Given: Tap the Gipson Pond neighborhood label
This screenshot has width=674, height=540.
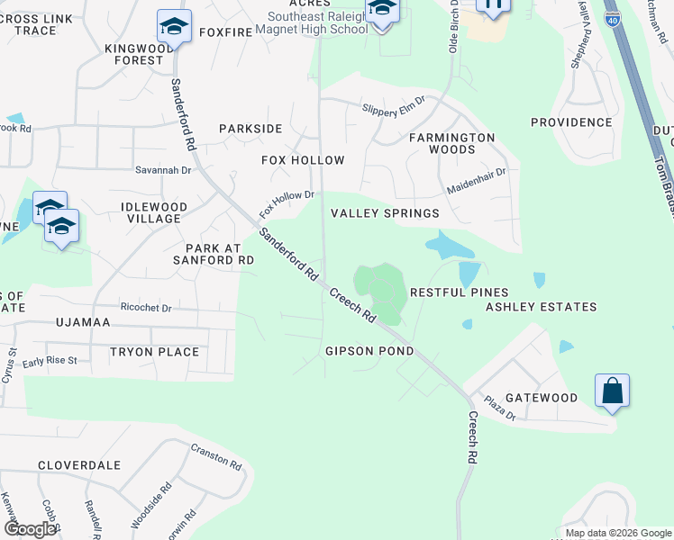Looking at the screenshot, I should (x=370, y=351).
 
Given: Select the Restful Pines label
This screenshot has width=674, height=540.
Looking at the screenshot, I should (x=459, y=292).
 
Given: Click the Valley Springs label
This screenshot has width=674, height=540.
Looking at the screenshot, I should (x=385, y=213).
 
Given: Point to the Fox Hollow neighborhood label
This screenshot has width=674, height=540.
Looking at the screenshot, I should (x=303, y=160).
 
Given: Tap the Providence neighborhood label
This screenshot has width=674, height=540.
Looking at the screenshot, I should (x=571, y=122).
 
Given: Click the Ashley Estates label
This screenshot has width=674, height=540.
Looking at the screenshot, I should (x=541, y=307).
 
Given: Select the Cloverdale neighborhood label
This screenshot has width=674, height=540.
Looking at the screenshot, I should (x=79, y=465).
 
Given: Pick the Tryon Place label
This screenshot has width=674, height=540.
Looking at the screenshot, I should (x=154, y=352).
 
